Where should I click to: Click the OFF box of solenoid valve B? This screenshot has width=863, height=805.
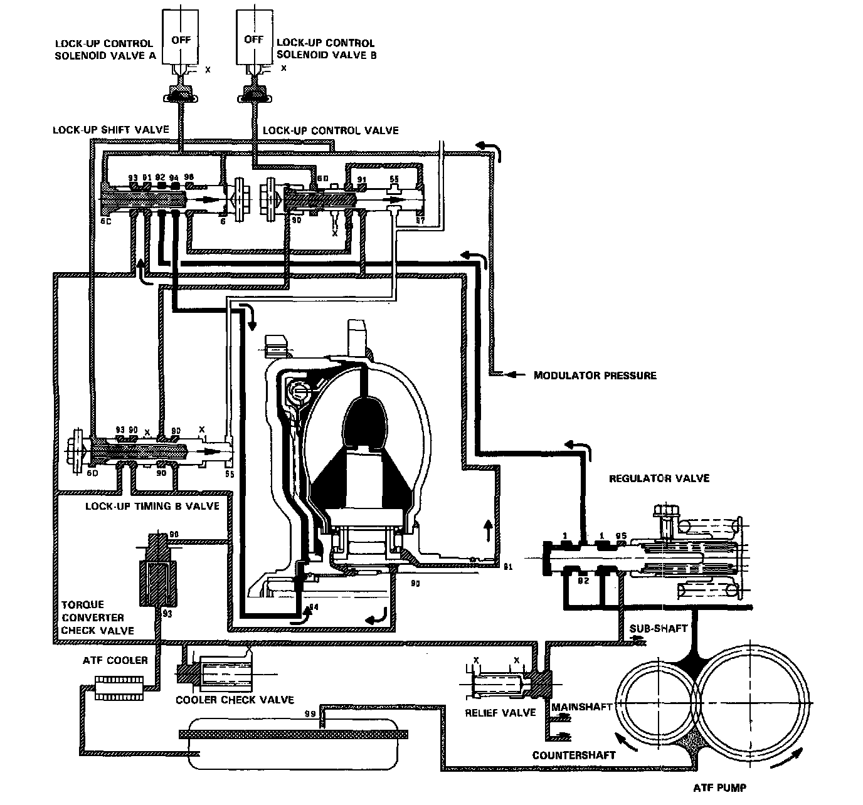(x=253, y=39)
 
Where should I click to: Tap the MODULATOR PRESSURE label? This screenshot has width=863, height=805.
(x=595, y=376)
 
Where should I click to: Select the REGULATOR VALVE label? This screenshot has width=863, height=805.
(x=659, y=478)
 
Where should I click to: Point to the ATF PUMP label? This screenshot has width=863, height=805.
(x=720, y=788)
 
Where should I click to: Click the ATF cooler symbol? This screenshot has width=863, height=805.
(x=117, y=688)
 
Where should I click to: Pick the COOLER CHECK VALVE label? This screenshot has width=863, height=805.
(x=235, y=700)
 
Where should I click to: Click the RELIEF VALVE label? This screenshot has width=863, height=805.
(x=500, y=713)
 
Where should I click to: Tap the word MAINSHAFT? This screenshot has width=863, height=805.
(x=581, y=707)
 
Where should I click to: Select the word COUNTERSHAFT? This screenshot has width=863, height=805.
(x=573, y=755)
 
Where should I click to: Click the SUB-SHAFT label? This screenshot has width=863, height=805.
(x=658, y=628)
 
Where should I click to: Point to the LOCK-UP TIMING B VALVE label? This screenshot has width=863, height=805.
(x=152, y=505)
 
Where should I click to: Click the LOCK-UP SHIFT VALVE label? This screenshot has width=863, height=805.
(x=111, y=130)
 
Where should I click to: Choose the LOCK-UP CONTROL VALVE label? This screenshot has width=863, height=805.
(x=331, y=130)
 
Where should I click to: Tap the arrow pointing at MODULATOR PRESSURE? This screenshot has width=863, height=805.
(x=514, y=375)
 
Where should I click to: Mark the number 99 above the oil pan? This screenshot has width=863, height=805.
(x=309, y=714)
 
